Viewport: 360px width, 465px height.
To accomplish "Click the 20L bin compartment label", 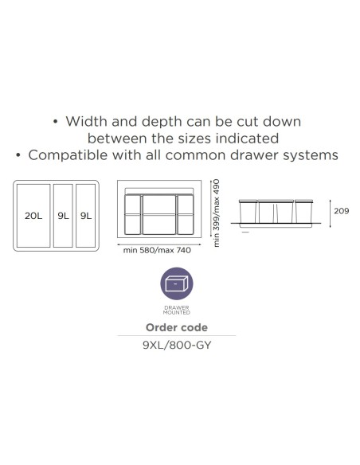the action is [33, 216].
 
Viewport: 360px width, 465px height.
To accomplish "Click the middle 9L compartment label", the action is [63, 216].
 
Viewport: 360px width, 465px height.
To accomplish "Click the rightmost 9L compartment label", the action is [86, 216].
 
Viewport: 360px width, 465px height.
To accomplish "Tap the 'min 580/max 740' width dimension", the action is [157, 250].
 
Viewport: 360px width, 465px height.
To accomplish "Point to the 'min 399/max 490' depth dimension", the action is [217, 213].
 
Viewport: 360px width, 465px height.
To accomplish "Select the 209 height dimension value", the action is [342, 211].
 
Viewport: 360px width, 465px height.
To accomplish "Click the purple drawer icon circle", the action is [177, 283].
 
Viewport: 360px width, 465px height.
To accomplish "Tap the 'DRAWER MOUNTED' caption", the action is [177, 310].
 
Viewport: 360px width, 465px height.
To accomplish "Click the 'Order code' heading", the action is [177, 327].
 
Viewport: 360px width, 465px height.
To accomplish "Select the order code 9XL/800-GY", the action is [177, 346].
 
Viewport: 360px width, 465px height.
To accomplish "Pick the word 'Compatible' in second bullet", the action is [68, 154].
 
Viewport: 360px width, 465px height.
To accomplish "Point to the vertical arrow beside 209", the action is [330, 213].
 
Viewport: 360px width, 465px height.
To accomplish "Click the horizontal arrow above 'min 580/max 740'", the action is [159, 244].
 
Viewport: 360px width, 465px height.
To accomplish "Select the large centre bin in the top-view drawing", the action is [159, 214].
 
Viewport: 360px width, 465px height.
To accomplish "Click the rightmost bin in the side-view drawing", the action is [303, 212].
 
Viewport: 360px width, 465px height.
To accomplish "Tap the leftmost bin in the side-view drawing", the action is [248, 212].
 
